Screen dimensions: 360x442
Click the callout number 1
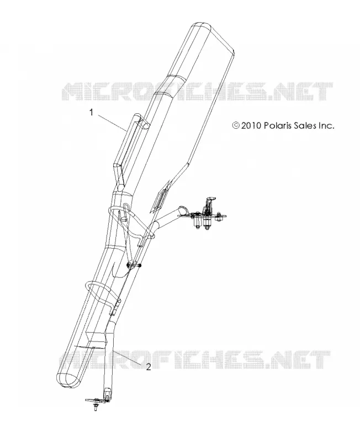point(91,113)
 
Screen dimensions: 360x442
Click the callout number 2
point(149,367)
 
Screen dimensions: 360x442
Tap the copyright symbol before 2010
point(236,125)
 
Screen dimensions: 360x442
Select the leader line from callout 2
point(127,357)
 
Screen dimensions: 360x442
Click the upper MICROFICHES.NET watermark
point(197,91)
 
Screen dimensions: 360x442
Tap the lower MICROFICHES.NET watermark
point(194,360)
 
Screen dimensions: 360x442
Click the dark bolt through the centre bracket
point(134,265)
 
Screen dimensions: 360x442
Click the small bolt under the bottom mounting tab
point(96,407)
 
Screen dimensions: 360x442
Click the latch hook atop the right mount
point(210,201)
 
